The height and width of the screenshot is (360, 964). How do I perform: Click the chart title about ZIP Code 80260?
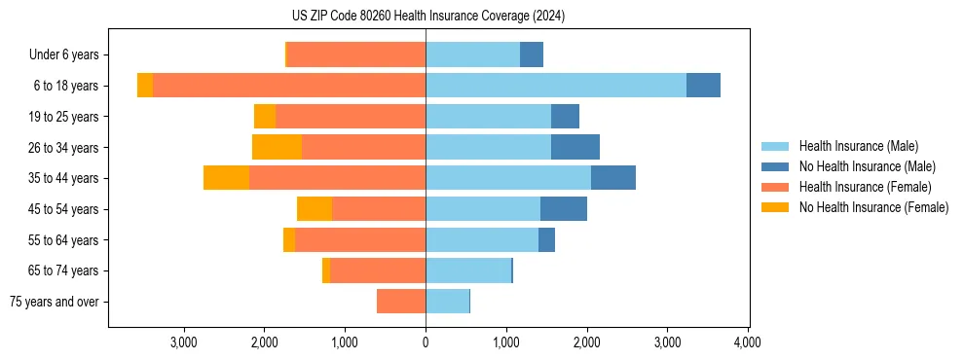click(427, 16)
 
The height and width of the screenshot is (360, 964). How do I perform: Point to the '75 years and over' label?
click(54, 302)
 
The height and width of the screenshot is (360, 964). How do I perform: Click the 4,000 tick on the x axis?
click(747, 342)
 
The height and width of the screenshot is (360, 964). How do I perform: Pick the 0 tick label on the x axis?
click(426, 342)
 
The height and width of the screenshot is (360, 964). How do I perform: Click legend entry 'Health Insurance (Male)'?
click(858, 146)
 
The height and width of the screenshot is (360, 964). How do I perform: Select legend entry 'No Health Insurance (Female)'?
click(873, 207)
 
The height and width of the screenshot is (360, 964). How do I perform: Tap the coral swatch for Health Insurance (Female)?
click(775, 187)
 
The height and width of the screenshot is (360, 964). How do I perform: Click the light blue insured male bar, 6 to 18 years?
click(555, 86)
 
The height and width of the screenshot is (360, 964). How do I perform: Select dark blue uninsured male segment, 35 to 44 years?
click(612, 178)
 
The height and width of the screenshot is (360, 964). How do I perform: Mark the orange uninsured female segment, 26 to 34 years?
click(277, 147)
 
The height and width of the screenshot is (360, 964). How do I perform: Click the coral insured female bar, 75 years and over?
click(401, 302)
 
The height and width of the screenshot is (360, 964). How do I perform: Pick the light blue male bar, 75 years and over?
click(447, 302)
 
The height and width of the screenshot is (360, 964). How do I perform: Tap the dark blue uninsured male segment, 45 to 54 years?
click(563, 209)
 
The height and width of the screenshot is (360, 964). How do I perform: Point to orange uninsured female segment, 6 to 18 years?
click(145, 86)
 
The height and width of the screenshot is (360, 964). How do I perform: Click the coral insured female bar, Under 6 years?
click(356, 55)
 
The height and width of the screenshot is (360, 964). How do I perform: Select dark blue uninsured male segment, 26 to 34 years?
click(575, 147)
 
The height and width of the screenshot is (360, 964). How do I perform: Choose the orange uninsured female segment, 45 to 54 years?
click(315, 209)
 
